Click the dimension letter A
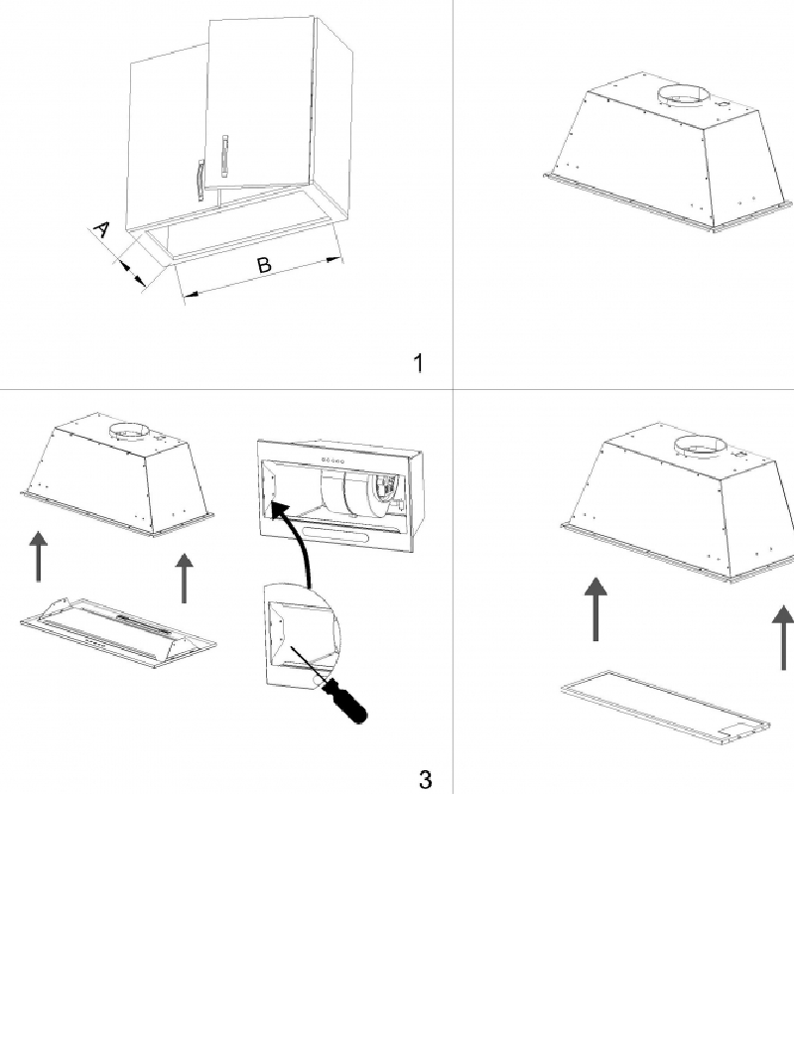coord(101,229)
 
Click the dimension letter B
coord(264,265)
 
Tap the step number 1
coord(419,362)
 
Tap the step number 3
coord(425,779)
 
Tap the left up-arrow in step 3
coord(40,556)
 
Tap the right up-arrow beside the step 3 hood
coord(184,579)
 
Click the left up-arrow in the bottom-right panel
coord(595,608)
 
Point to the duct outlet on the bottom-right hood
coord(700,447)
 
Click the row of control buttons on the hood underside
coord(333,461)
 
